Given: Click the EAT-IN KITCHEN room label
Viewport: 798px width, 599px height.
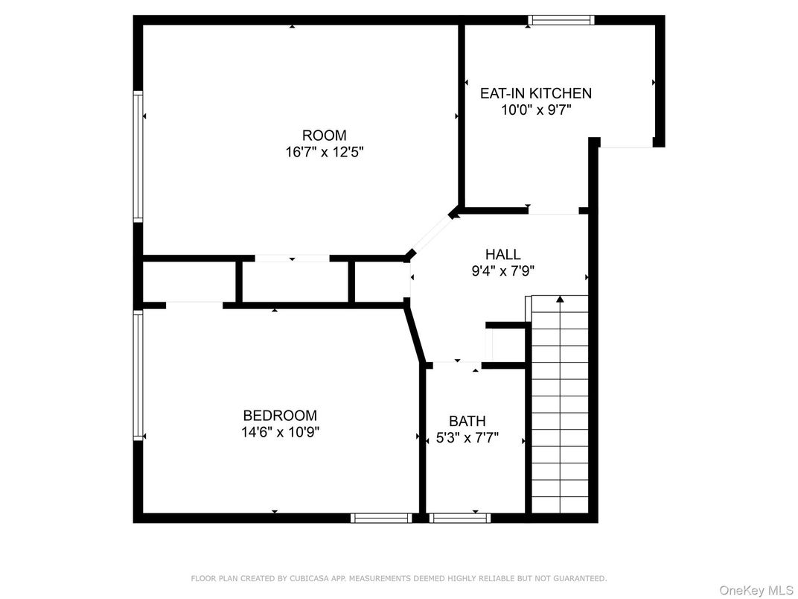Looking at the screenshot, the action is point(536,93).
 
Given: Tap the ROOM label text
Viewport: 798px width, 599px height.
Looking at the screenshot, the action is point(325,136).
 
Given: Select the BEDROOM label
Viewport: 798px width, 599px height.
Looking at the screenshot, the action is point(280,416).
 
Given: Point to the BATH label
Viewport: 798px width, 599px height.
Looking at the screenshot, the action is point(467,421).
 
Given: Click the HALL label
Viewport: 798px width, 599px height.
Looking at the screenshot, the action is point(502,254).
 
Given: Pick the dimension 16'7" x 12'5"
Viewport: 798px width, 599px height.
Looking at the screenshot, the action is point(325,152).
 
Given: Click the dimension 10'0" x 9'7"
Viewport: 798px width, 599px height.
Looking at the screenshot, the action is point(537,110).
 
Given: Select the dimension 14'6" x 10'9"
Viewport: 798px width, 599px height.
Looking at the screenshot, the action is point(281,432).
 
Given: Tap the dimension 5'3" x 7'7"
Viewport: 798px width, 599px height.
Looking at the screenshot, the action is point(467,437).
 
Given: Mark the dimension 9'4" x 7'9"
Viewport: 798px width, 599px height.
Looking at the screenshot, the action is point(502,271).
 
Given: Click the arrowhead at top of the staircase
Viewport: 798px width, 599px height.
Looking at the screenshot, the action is point(560,299).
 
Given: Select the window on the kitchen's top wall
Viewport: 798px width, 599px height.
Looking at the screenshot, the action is point(561,20).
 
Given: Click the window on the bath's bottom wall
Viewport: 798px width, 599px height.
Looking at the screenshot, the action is point(460,518).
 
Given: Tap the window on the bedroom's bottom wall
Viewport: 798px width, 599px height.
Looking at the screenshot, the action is point(381,518).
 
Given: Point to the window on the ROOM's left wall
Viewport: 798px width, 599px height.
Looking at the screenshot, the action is point(138,156).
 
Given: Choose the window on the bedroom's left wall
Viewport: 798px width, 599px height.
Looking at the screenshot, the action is point(138,375).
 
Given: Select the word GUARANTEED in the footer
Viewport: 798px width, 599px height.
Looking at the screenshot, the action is point(580,579).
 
